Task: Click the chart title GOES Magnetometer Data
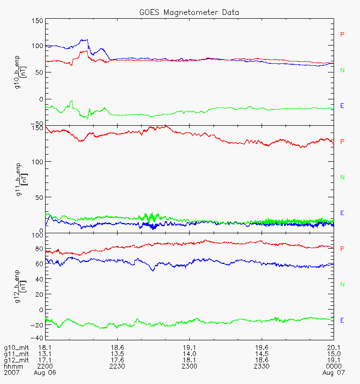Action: coord(190,12)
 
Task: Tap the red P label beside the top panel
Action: coord(342,35)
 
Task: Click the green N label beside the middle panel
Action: coord(342,178)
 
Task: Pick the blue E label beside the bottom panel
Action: coord(342,320)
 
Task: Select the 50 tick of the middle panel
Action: coord(39,197)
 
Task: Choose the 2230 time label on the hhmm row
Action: coord(118,366)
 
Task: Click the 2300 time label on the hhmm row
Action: coord(190,366)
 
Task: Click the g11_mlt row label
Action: coord(16,354)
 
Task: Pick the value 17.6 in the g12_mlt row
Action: coord(118,360)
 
